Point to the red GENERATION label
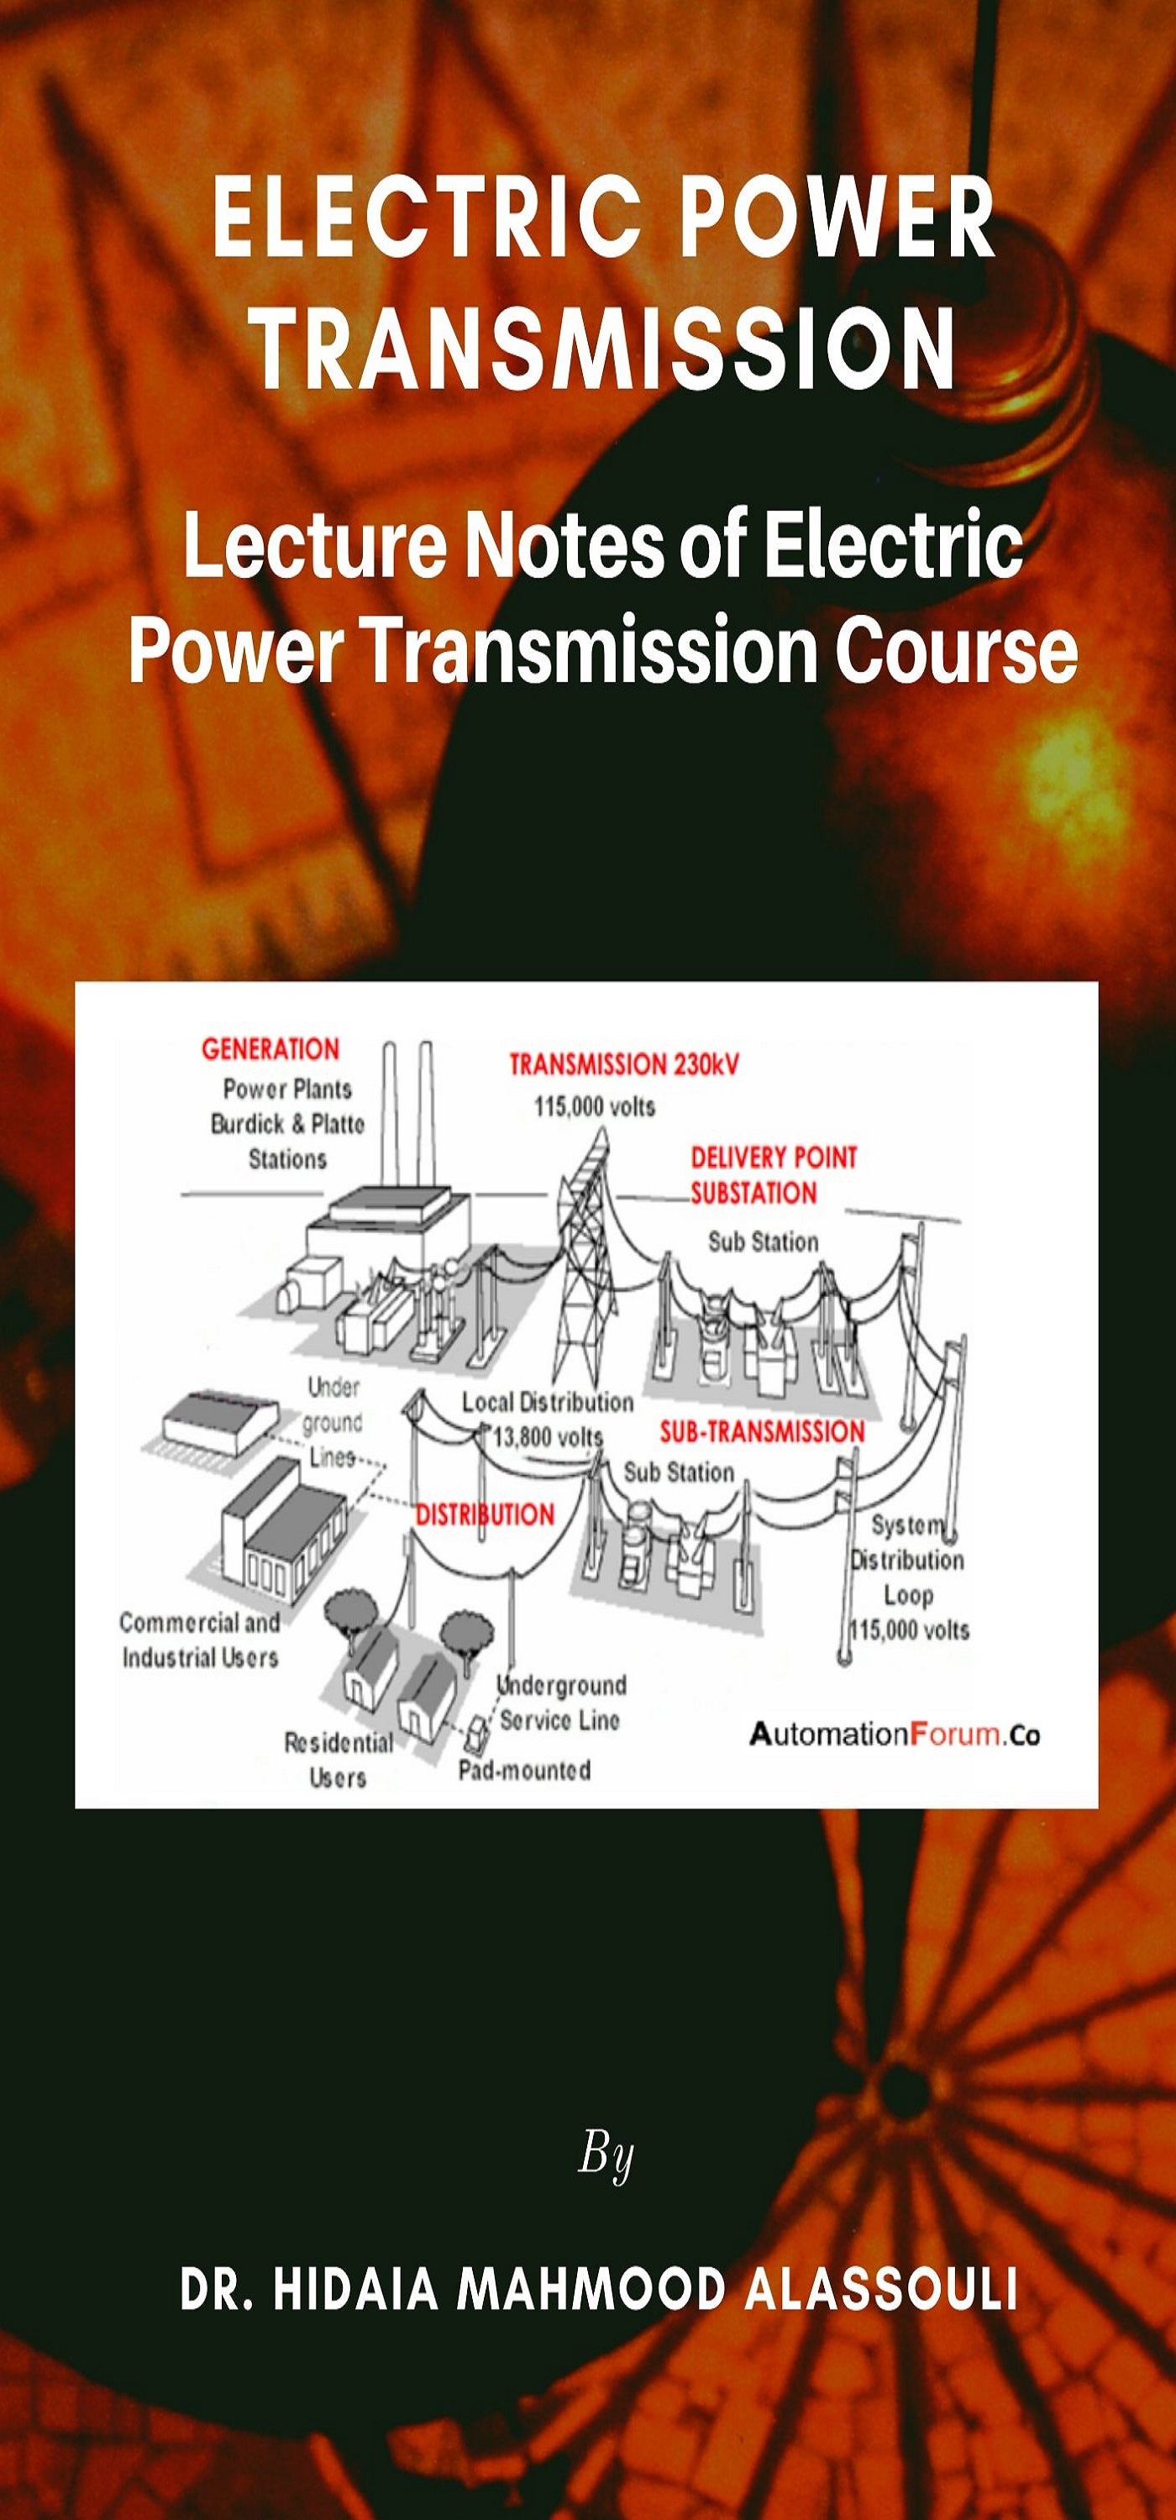click(270, 1050)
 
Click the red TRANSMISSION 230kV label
click(624, 1064)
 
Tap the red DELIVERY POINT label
click(773, 1158)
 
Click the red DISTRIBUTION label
click(486, 1515)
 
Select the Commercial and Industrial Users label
click(200, 1640)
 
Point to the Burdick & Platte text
click(286, 1124)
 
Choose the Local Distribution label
click(548, 1402)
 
